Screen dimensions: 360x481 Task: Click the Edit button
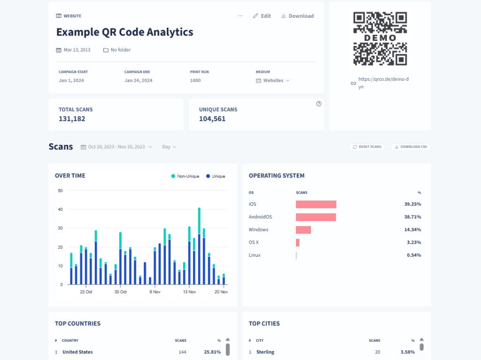pos(262,16)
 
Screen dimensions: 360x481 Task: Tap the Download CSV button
pos(410,147)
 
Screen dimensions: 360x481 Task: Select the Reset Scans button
pos(366,147)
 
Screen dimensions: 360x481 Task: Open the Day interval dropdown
pos(169,147)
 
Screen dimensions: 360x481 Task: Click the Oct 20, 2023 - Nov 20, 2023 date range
pos(116,147)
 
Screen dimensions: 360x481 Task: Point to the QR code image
pos(380,38)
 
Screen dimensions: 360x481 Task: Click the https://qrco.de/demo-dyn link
pos(383,83)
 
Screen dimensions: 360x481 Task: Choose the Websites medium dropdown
pos(273,81)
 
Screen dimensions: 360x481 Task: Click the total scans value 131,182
pos(72,119)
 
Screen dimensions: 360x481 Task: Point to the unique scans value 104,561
pos(212,119)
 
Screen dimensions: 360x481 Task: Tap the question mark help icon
pos(319,104)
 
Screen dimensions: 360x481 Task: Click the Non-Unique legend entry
pos(185,176)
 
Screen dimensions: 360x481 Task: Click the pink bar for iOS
pos(316,204)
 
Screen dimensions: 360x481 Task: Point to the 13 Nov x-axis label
pos(189,292)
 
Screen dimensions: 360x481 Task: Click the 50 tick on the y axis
pos(60,191)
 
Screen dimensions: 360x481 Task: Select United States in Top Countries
pos(78,352)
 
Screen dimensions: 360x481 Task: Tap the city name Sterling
pos(265,352)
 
